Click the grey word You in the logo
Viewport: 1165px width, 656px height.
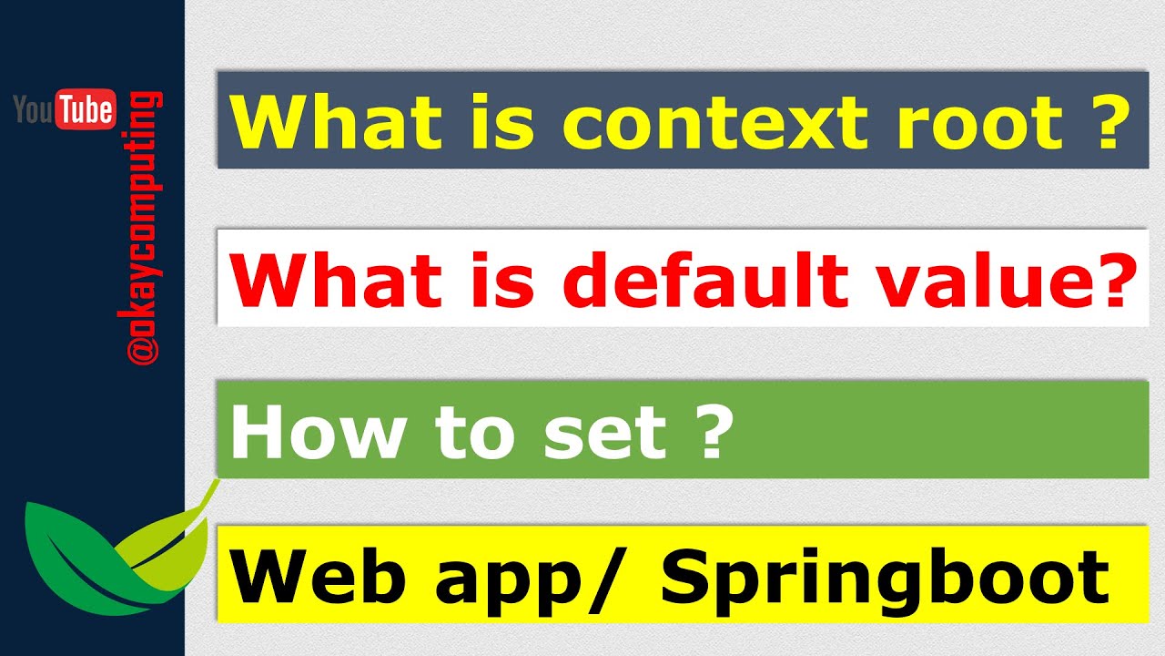(x=34, y=110)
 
